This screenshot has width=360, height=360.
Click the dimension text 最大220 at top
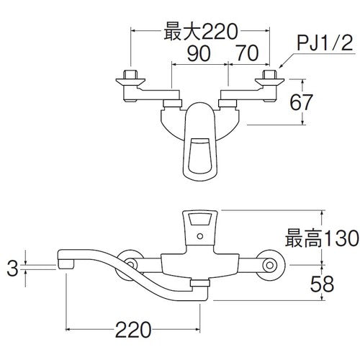pyautogui.click(x=184, y=32)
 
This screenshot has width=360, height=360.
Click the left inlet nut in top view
pyautogui.click(x=130, y=76)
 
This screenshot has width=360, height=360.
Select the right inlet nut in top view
pyautogui.click(x=271, y=76)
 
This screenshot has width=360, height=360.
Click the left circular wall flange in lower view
pyautogui.click(x=130, y=262)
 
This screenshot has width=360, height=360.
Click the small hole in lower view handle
pyautogui.click(x=200, y=234)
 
